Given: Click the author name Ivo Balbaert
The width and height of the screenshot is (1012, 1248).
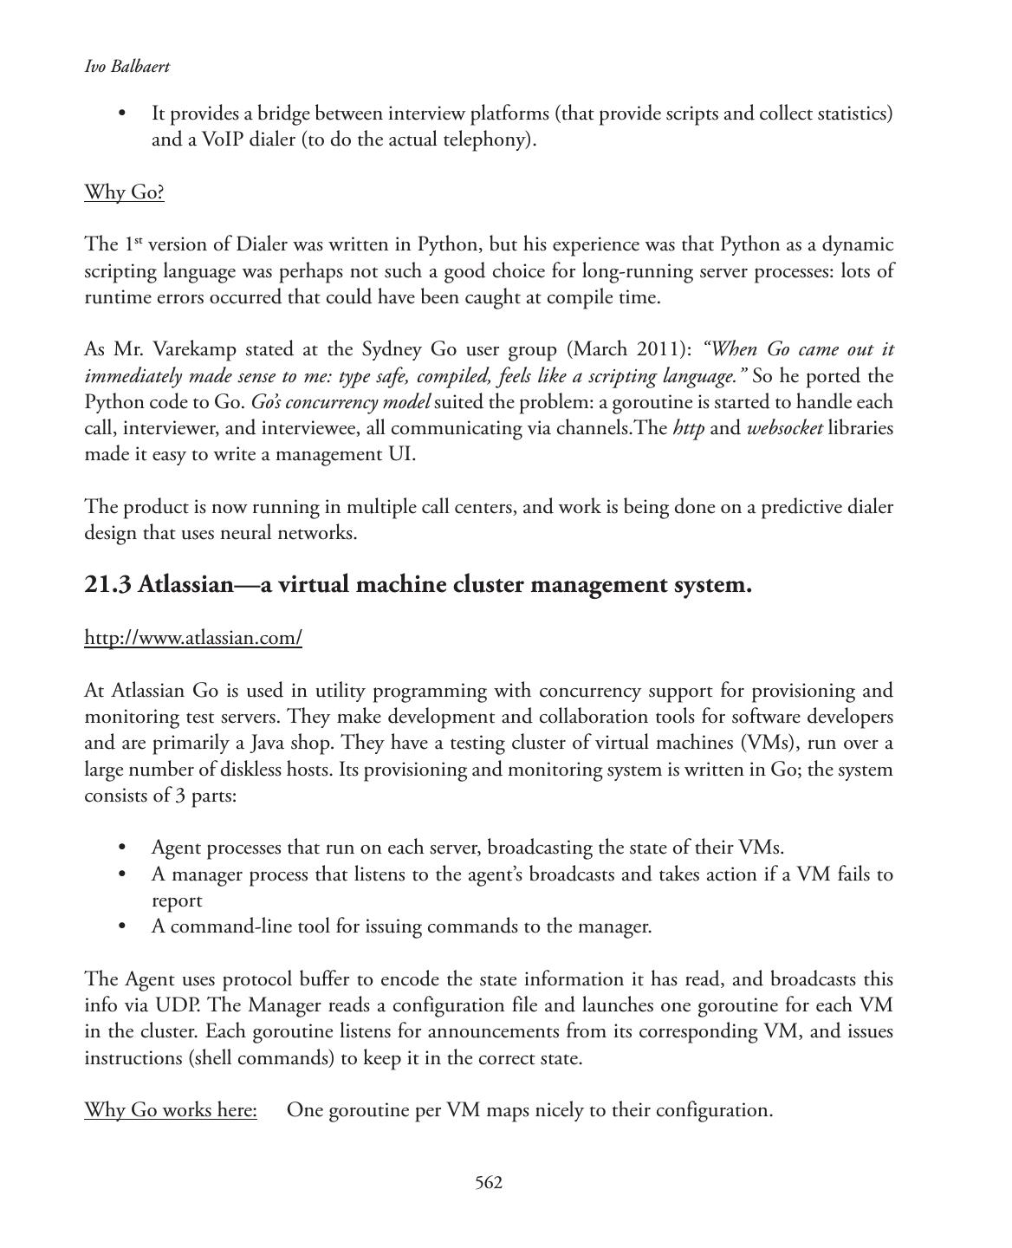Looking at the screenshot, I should pos(126,67).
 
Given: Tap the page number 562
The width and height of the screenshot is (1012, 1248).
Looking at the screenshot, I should pos(489,1183).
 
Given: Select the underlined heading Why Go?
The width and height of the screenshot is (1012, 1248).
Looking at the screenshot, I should pos(124,192).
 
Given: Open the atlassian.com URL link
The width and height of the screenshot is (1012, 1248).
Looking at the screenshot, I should pos(193,638).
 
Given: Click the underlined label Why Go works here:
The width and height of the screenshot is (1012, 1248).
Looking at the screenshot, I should pos(171,1110).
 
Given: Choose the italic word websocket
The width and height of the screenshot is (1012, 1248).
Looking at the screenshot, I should pos(784,428).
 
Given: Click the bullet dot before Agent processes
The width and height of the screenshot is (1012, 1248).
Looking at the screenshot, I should pos(122,848).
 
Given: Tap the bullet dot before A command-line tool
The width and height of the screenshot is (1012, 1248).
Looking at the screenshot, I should pos(122,926).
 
